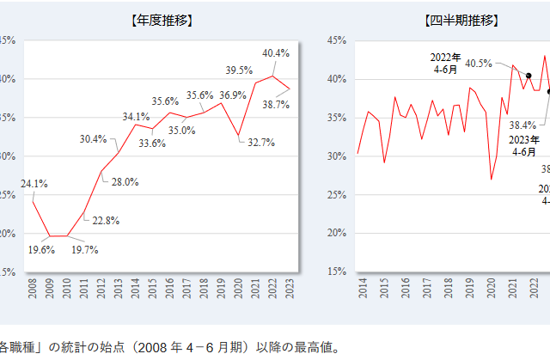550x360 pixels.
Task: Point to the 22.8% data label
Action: [x=105, y=221]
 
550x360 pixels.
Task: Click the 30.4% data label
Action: [x=94, y=139]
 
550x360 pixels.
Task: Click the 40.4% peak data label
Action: [x=275, y=52]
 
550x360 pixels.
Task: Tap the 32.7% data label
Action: [x=260, y=143]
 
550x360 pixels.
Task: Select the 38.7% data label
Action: [x=275, y=104]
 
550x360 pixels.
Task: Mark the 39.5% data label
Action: [x=238, y=70]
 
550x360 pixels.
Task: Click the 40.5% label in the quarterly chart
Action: [x=478, y=63]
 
